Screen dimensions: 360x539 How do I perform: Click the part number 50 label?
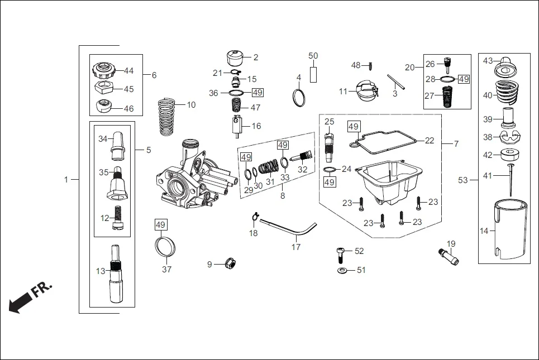(x=313, y=56)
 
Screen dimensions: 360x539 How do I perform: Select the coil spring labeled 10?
(x=166, y=116)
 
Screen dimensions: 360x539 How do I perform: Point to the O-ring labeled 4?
(x=299, y=97)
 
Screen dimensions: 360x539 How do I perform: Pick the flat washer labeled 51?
(x=341, y=271)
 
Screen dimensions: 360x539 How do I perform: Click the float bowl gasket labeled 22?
(x=385, y=138)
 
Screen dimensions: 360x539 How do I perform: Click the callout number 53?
(x=462, y=180)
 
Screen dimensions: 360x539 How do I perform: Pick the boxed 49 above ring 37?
(x=161, y=225)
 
